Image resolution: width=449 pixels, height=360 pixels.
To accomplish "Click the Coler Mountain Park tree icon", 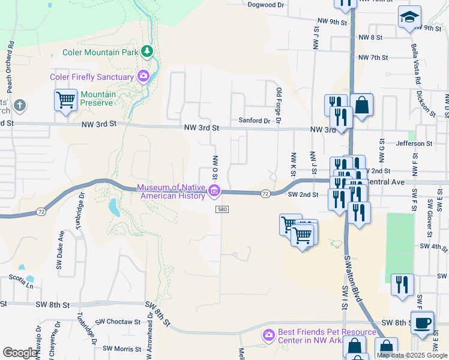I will point(147,52).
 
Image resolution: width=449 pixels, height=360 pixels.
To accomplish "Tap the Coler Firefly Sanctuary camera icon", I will point(143,76).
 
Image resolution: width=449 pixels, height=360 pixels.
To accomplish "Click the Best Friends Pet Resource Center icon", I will point(268,334).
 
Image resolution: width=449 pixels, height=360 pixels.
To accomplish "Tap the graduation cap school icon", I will point(409,17).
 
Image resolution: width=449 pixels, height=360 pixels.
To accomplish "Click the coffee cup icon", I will point(422,322).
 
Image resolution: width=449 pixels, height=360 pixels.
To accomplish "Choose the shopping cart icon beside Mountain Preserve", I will point(65,100).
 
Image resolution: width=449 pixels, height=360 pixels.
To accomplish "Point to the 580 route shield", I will point(223,209).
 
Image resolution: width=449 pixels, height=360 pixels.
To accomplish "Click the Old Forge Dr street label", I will point(279,106).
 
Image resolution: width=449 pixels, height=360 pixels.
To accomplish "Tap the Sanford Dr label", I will point(255,121).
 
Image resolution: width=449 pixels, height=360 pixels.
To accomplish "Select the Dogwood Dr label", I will point(265,5).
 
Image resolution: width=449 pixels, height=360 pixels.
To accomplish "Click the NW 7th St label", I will point(373,58).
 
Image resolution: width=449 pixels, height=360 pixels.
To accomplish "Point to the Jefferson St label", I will point(414,144).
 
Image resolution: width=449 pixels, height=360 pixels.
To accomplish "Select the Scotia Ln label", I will point(21,278).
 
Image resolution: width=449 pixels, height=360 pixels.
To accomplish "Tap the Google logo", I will point(20,353).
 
